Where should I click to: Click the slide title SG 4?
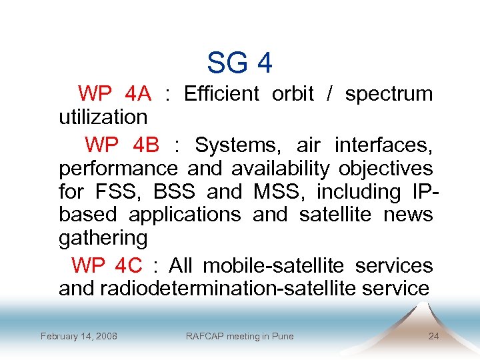239,63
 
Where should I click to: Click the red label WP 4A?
114,94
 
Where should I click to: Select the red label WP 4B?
121,145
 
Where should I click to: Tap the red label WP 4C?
107,265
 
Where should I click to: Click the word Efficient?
221,94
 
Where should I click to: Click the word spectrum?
389,94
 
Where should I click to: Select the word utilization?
103,117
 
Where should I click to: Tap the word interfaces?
384,145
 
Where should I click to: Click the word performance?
118,169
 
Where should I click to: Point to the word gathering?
103,239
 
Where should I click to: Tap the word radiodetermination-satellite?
241,289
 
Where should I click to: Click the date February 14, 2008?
79,336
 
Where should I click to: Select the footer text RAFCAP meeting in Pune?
239,336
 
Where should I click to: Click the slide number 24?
433,336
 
